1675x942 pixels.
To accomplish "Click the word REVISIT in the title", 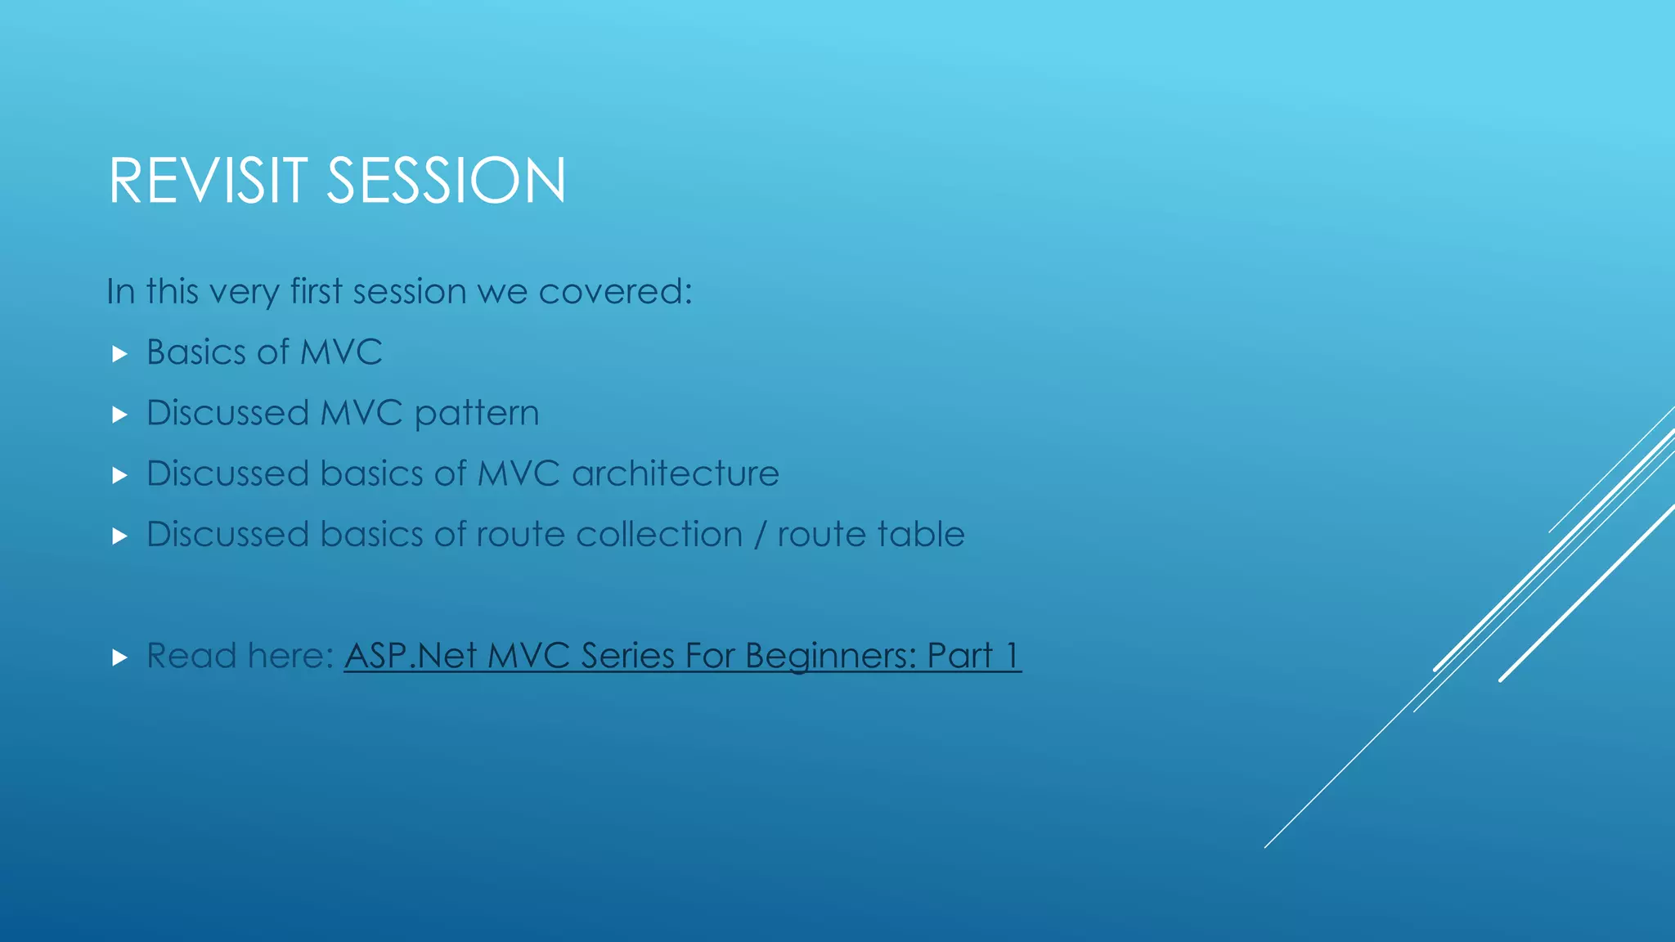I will pos(208,181).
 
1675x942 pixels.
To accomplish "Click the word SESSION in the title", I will pos(446,181).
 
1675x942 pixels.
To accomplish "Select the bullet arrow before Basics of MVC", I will pos(119,354).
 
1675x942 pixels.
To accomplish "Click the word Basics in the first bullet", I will pos(195,352).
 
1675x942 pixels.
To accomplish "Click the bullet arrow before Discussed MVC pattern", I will pos(119,415).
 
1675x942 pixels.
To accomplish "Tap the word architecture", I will pos(675,474).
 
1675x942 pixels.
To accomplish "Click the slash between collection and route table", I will pos(761,535).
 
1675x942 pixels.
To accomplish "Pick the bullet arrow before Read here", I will pos(119,657).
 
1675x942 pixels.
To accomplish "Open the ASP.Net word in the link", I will pos(410,656).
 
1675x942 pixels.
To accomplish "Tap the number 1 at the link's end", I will pos(1013,656).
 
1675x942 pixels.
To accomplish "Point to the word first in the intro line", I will pos(316,292).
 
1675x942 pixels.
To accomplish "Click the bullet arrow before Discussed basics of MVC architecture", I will pos(119,475).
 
